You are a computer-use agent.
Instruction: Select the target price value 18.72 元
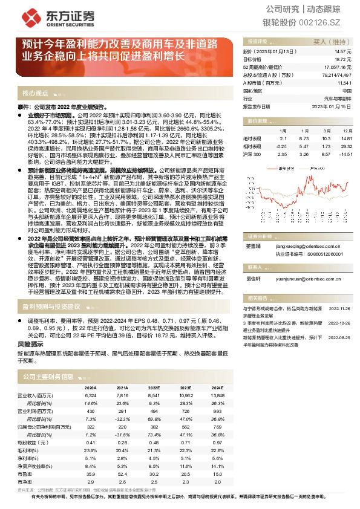click(342, 60)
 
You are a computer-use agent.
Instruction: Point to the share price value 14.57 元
click(342, 53)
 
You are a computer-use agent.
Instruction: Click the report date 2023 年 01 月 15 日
click(332, 105)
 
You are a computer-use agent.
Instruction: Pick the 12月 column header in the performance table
click(347, 130)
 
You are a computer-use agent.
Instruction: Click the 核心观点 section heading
click(35, 94)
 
